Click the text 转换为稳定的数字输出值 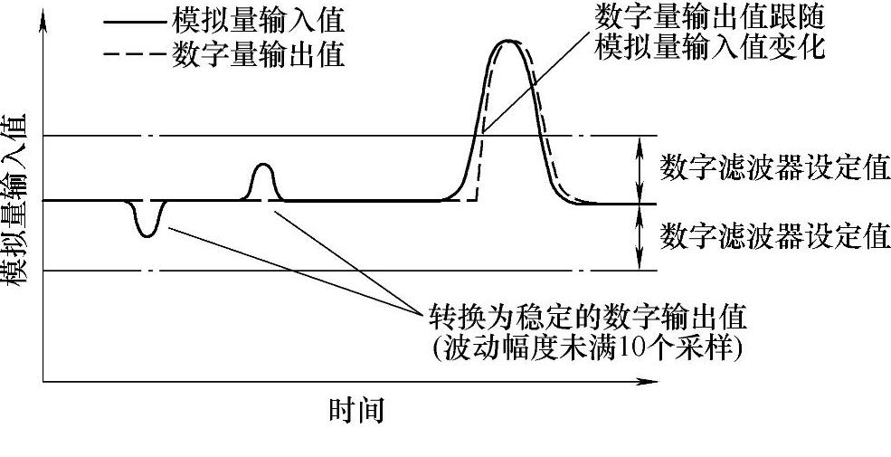(587, 318)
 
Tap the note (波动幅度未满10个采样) (587, 348)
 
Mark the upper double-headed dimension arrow (640, 168)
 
